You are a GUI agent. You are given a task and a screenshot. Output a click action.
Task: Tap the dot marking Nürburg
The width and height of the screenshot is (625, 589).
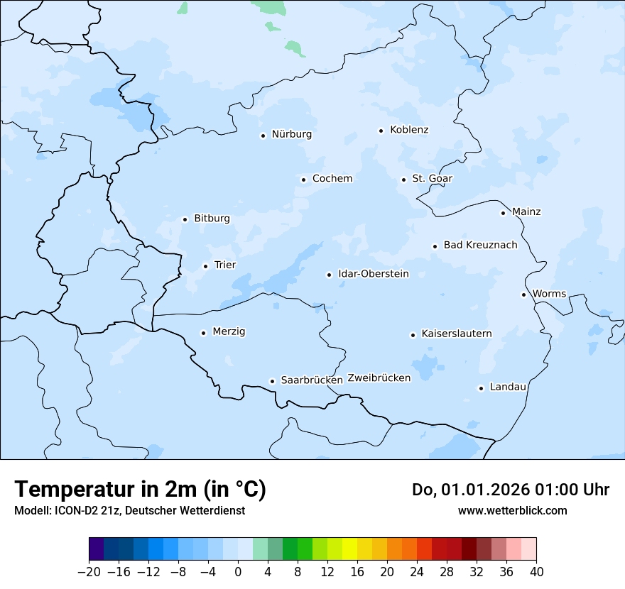[263, 136]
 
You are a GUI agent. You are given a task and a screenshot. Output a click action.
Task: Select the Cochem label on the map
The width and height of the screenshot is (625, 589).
[332, 179]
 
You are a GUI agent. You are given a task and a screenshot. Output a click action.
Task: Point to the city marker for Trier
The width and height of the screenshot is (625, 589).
[205, 266]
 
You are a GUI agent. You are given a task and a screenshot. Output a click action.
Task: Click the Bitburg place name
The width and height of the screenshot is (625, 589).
[212, 219]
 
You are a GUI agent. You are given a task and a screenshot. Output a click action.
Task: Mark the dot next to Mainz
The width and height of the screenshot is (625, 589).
[503, 213]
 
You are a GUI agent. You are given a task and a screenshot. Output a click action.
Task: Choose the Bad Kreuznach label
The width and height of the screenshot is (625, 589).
[480, 246]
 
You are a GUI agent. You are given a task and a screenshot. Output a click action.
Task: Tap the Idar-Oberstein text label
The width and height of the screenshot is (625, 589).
[374, 274]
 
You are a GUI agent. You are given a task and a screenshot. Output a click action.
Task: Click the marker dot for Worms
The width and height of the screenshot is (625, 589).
[523, 294]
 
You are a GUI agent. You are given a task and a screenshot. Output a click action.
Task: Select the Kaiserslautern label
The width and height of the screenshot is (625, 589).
[456, 334]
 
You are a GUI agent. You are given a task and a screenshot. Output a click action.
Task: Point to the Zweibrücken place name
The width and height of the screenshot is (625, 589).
[379, 378]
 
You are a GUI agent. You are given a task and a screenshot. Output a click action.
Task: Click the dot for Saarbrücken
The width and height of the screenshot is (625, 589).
[272, 381]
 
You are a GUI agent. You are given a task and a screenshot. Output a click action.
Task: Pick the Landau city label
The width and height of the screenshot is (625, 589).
[508, 387]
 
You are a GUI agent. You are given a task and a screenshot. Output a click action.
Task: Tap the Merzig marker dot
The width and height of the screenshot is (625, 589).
[203, 333]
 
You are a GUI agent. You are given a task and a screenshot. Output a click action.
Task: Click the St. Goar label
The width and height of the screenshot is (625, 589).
[432, 179]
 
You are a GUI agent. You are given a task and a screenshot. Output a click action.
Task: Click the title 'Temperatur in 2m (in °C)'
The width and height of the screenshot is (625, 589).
[140, 489]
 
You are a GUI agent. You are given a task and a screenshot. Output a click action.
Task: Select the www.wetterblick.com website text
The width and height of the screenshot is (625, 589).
[512, 510]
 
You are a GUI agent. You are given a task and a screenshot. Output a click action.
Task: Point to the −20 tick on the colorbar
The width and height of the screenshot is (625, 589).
[89, 571]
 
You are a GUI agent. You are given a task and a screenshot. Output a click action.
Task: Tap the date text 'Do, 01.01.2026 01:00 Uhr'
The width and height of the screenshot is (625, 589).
[510, 490]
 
